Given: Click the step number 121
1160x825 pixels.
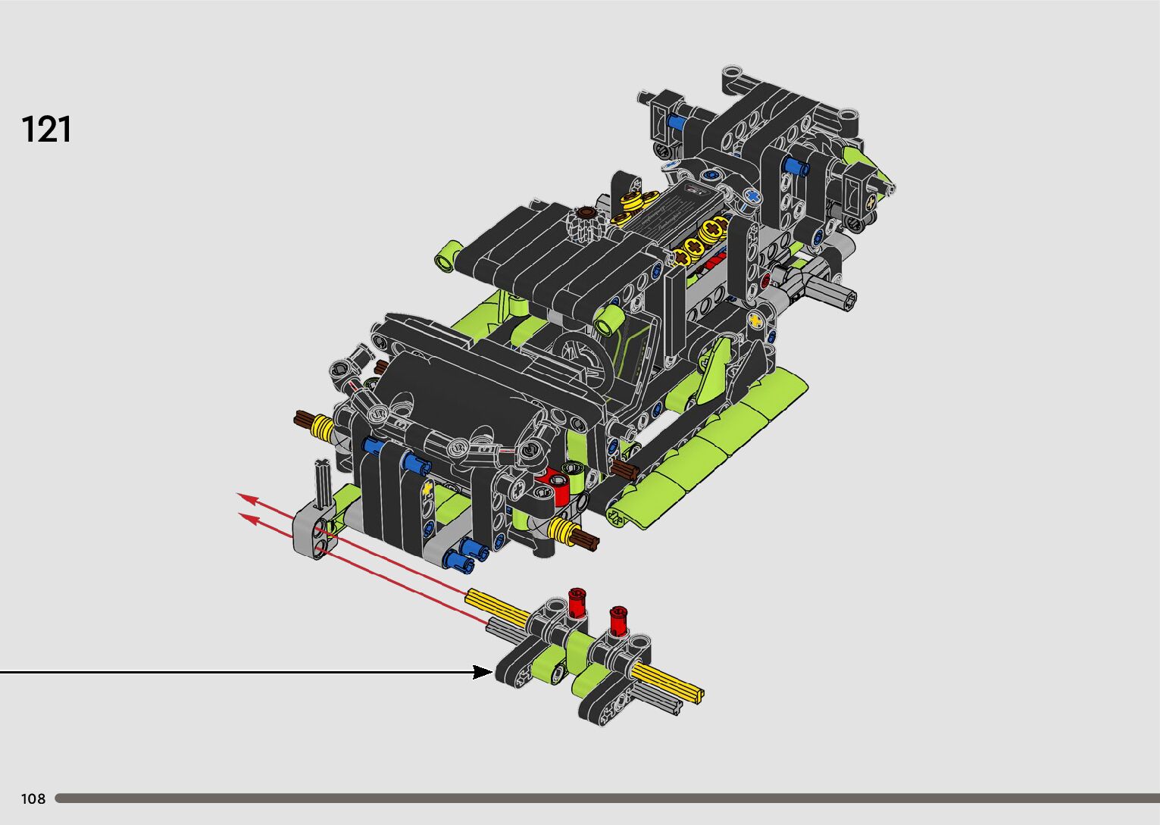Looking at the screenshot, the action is [46, 130].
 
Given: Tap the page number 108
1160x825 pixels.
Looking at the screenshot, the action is [33, 798].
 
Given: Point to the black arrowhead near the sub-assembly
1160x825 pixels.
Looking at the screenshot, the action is [483, 672].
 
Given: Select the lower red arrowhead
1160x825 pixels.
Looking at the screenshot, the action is [249, 517].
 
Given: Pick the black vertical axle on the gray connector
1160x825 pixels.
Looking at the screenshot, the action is [322, 482].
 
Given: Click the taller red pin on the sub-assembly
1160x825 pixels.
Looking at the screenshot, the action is [577, 602].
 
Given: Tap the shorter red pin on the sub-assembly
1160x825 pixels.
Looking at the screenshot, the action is [618, 620].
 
